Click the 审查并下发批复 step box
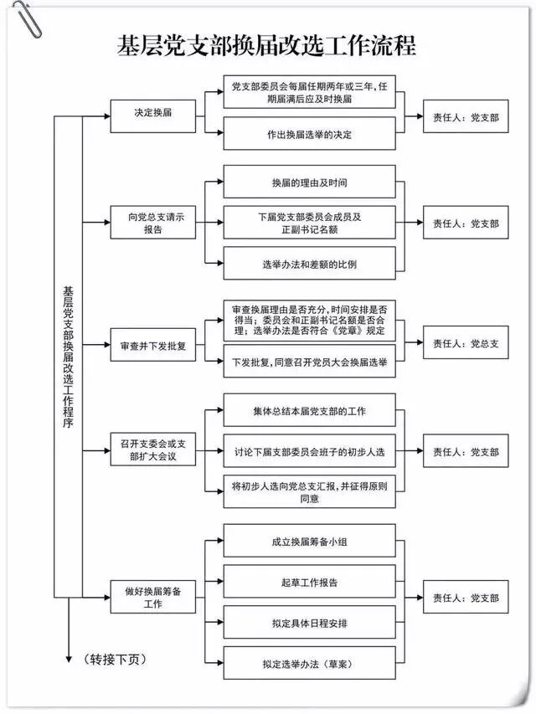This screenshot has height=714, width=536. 152,344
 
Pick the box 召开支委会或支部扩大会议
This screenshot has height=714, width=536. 152,451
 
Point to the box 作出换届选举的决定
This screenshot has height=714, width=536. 309,134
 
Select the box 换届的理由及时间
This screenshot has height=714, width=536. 309,182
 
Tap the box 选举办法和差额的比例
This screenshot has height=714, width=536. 309,265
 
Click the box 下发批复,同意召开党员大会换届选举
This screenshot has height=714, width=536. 309,363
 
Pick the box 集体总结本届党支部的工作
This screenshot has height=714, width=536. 309,411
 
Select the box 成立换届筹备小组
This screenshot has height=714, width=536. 309,542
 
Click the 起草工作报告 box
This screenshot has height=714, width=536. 309,582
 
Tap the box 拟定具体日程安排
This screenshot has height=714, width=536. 309,623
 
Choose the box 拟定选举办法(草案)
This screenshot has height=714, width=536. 309,664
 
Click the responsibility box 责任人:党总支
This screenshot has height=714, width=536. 466,344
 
